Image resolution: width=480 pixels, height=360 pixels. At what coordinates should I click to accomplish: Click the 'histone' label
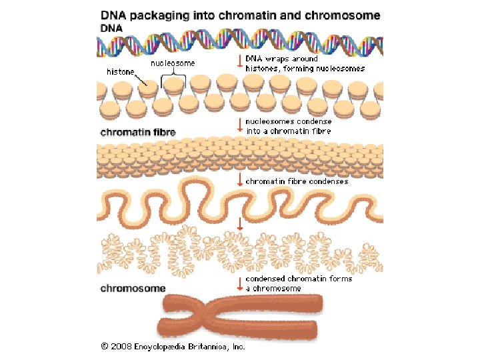pyautogui.click(x=121, y=71)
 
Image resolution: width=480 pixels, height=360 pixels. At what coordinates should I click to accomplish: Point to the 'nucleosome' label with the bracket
pyautogui.click(x=174, y=64)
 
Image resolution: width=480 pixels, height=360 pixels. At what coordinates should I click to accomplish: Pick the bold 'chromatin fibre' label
pyautogui.click(x=137, y=132)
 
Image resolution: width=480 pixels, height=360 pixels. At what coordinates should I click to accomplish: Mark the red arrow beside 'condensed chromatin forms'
pyautogui.click(x=240, y=283)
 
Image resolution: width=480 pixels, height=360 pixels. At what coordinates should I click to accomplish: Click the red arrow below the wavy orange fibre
pyautogui.click(x=240, y=223)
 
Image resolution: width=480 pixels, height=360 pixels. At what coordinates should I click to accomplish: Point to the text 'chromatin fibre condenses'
pyautogui.click(x=297, y=181)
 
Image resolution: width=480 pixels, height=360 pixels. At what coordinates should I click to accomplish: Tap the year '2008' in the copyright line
pyautogui.click(x=122, y=347)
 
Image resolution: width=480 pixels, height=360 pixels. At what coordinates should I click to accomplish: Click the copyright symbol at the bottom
pyautogui.click(x=105, y=347)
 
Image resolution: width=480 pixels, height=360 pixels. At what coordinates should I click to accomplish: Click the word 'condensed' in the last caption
pyautogui.click(x=266, y=279)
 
